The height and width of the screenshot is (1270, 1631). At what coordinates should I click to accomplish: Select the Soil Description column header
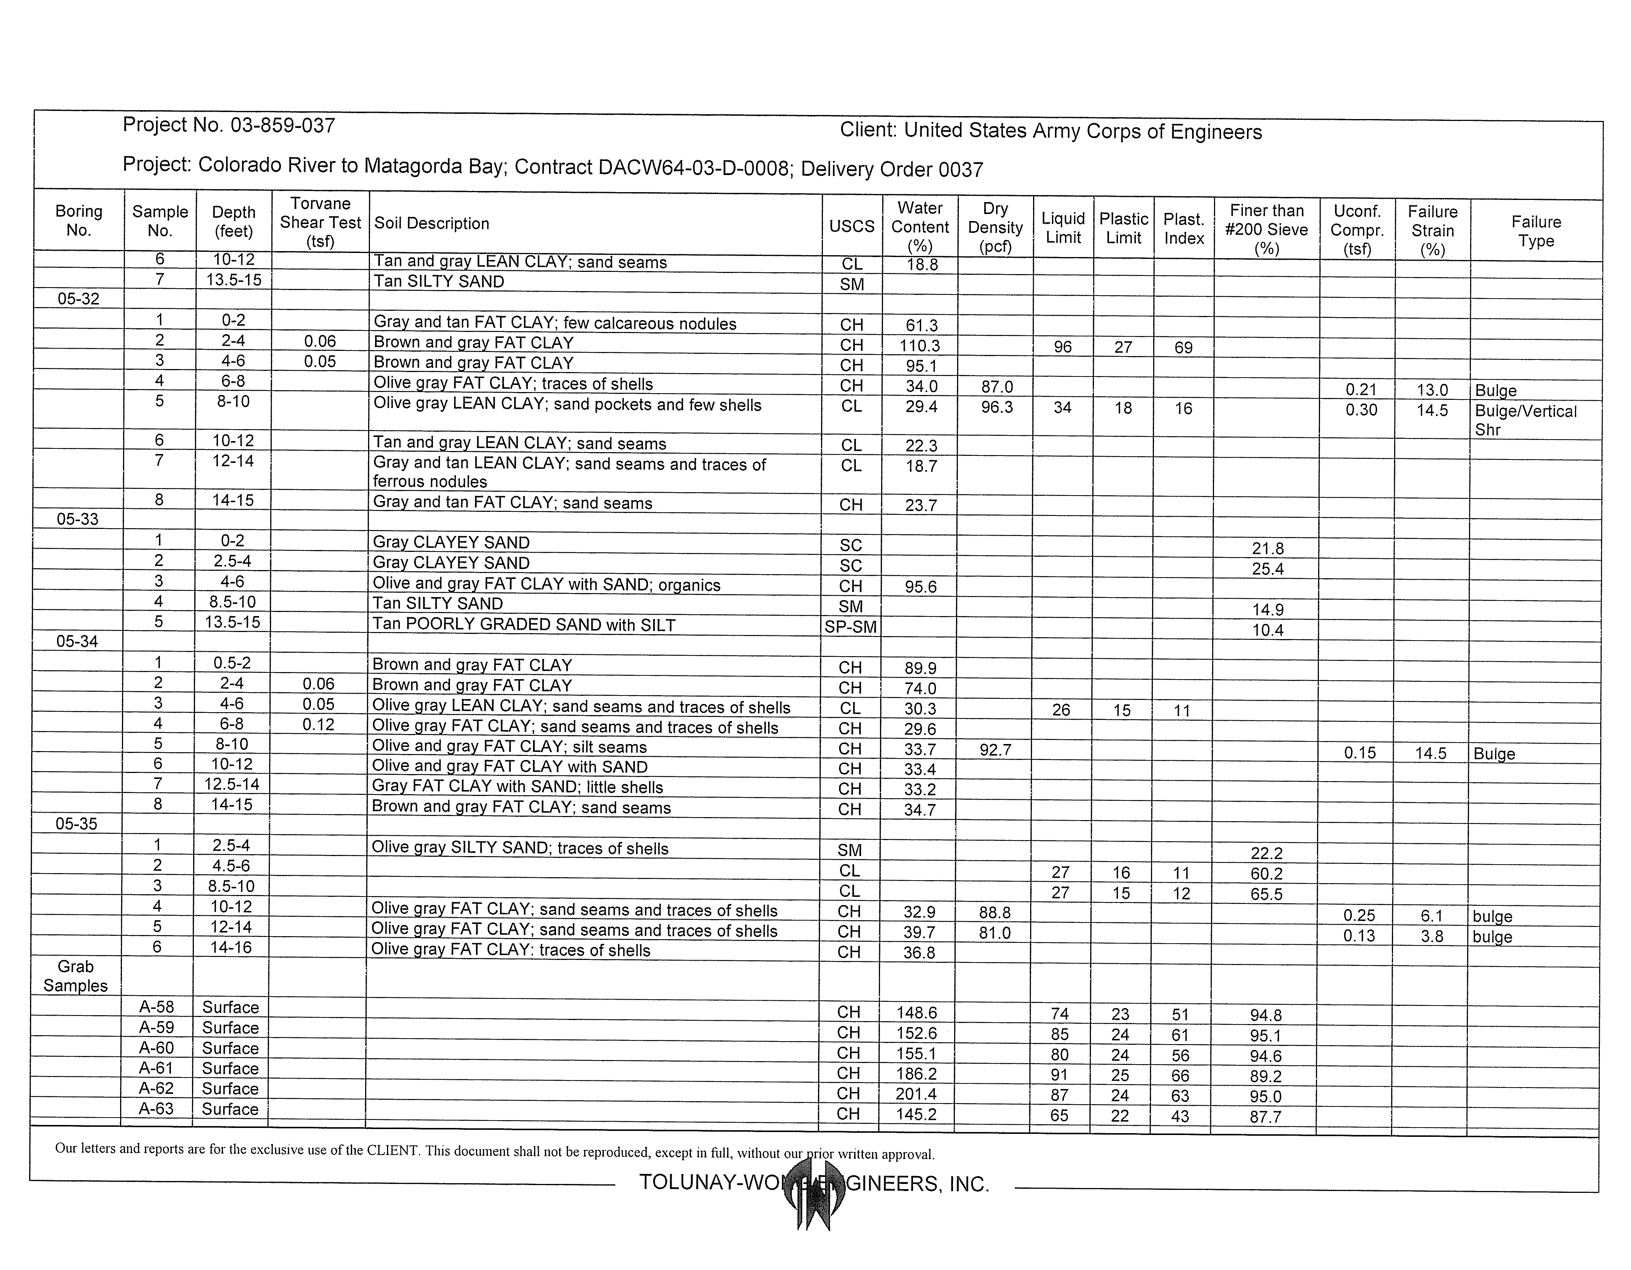pos(431,223)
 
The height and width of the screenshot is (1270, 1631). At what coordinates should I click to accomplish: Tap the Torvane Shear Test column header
pos(320,223)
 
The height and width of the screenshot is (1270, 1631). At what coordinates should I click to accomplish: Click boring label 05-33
pos(78,519)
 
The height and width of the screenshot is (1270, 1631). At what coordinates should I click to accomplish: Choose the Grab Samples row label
pos(75,976)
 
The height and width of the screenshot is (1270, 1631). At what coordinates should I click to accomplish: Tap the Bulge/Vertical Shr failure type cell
pos(1525,420)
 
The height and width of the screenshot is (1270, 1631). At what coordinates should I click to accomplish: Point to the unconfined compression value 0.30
pos(1361,410)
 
